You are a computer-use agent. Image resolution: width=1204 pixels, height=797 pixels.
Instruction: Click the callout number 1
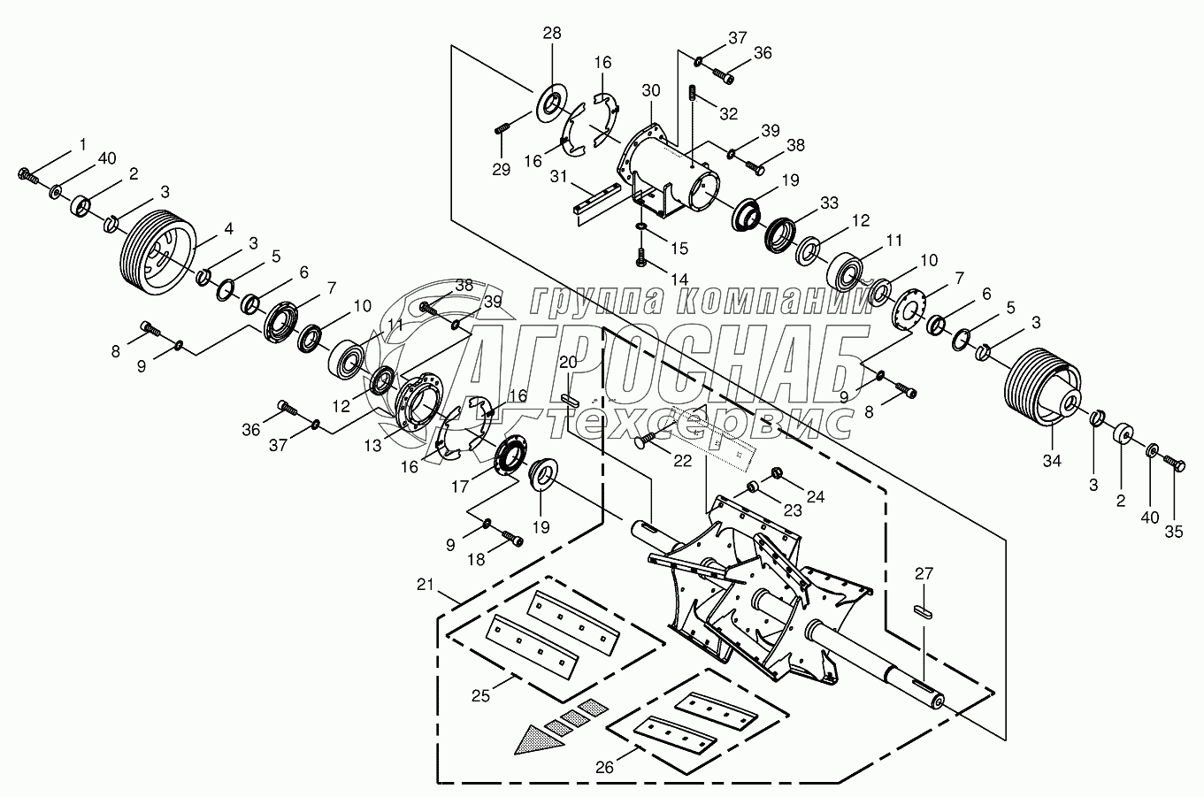click(83, 143)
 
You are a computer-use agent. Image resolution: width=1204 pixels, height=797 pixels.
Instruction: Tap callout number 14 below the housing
click(679, 278)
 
